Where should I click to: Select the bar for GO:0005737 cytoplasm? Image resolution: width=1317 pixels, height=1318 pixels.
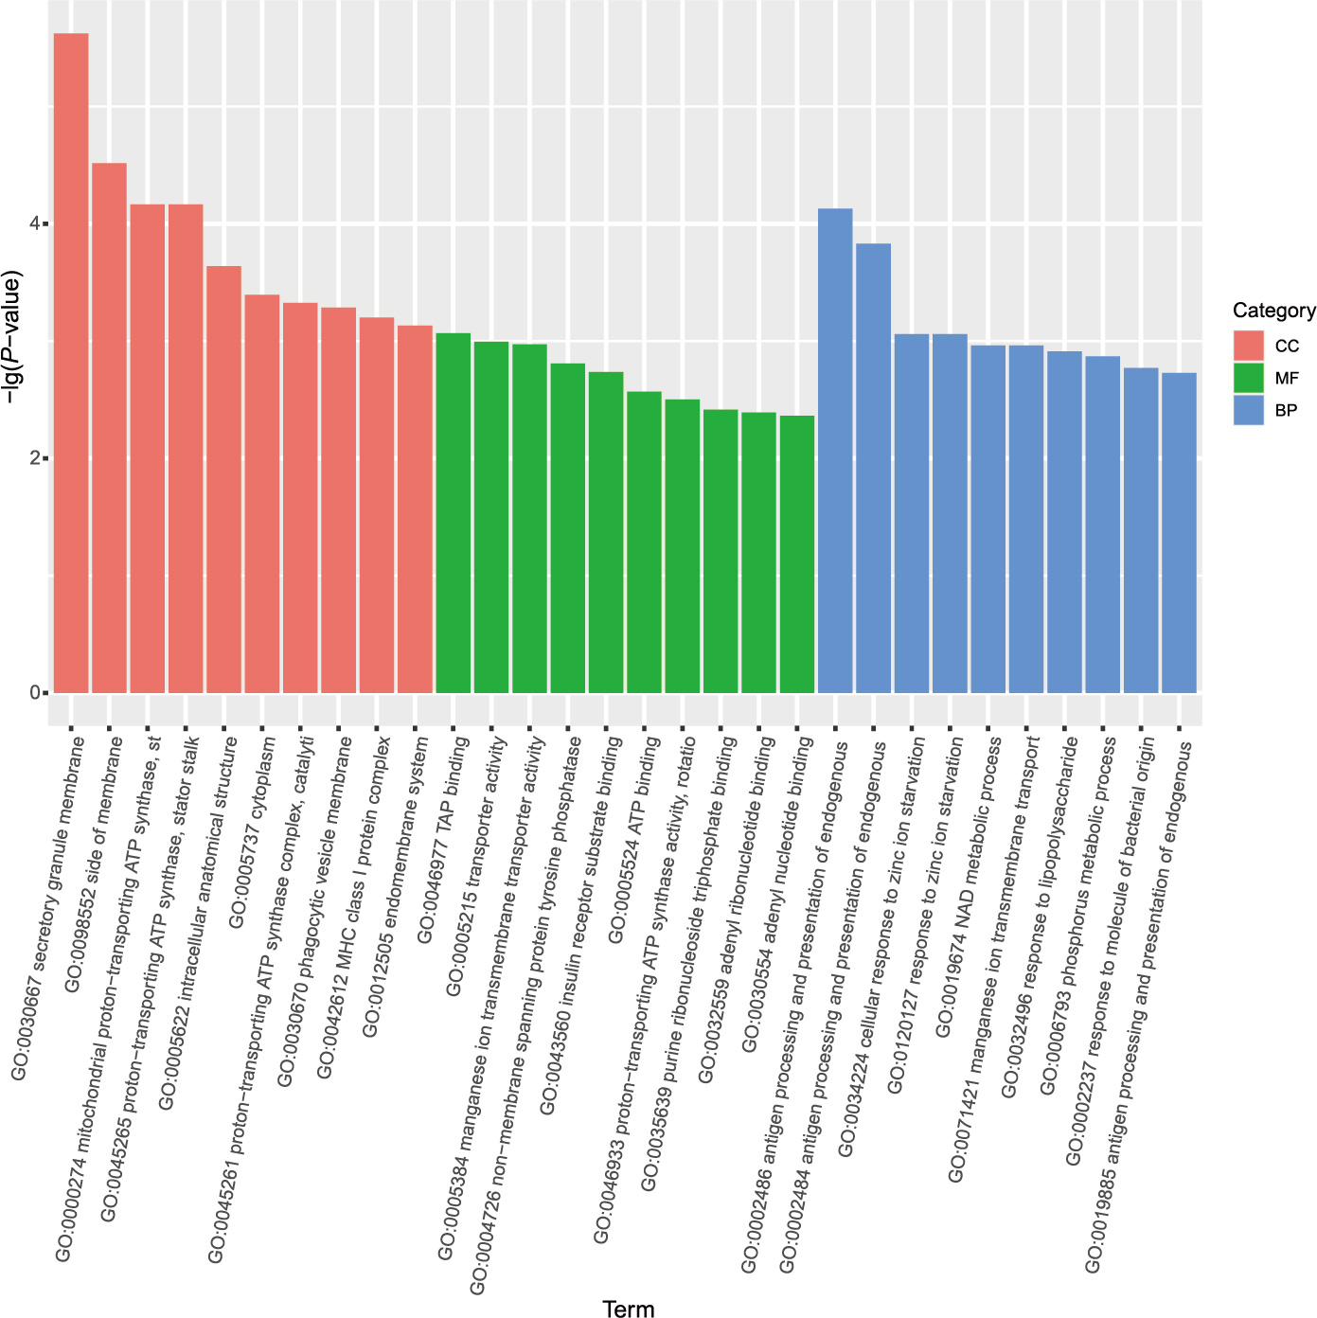(262, 493)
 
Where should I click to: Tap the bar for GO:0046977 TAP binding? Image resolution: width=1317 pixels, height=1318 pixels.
(454, 512)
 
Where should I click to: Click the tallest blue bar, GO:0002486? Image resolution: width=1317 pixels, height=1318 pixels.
(835, 451)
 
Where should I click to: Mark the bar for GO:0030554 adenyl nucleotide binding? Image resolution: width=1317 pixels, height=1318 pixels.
(797, 554)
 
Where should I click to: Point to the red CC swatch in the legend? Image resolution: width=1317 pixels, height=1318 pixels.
(1249, 346)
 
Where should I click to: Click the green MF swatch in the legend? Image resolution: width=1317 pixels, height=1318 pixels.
(1249, 378)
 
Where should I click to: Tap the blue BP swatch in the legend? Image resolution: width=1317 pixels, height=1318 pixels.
(1249, 410)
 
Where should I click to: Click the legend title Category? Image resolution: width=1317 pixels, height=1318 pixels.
(1273, 311)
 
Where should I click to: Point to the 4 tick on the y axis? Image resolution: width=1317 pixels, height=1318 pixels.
(35, 223)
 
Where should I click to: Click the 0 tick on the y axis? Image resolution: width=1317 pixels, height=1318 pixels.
(35, 692)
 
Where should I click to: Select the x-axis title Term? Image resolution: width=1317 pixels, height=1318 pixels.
(629, 1309)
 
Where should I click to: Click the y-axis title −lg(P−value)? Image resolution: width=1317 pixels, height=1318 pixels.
(13, 338)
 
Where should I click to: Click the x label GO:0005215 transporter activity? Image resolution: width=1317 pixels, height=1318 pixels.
(478, 866)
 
